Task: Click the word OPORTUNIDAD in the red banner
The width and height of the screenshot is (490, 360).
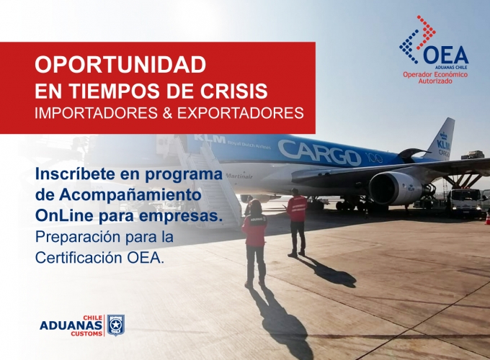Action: point(120,65)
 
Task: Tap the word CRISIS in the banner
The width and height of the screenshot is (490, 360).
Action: point(239,91)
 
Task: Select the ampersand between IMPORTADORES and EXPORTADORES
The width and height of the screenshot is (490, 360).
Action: point(167,113)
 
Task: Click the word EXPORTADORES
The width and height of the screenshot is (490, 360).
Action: point(241,113)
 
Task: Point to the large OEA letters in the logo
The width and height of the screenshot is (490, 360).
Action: point(445,55)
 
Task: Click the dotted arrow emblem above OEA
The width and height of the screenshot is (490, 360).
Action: point(417,39)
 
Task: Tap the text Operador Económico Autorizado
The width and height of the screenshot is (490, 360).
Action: point(435,78)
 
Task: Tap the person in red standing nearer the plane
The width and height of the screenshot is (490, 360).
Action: point(297,222)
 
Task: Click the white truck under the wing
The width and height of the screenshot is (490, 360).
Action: point(465,202)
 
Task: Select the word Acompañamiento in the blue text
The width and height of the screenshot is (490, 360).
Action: point(130,195)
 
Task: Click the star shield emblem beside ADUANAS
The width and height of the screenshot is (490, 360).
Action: point(116,325)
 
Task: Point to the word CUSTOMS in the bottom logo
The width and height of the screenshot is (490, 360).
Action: point(86,334)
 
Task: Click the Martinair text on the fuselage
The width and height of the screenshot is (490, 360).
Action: point(239,176)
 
